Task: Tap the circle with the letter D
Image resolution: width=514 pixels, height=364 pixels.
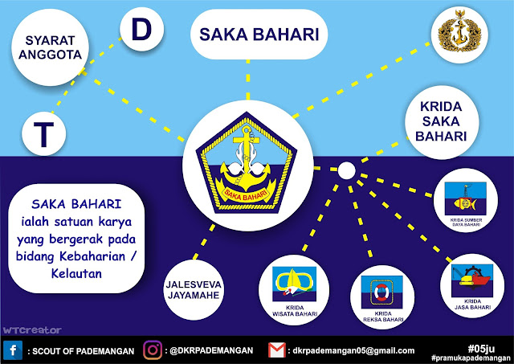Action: click(x=141, y=30)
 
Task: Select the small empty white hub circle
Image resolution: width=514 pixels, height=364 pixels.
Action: click(x=346, y=170)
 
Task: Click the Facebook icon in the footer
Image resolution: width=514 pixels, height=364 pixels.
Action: click(x=14, y=350)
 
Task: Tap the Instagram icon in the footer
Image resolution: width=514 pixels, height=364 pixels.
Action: click(x=153, y=350)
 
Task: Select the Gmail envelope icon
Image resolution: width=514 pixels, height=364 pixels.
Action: click(x=275, y=350)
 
